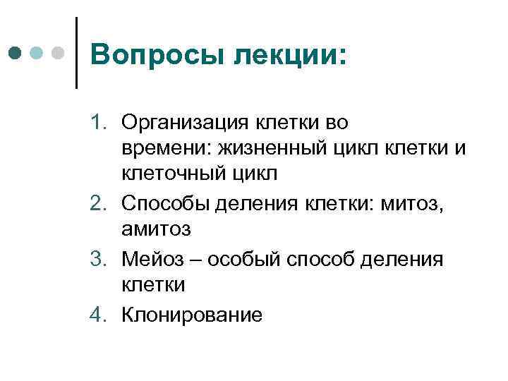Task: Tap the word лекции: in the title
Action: [x=289, y=54]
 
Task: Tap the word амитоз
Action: [x=156, y=230]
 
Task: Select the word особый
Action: [x=231, y=260]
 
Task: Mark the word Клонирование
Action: [x=192, y=315]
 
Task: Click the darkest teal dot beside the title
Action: [x=16, y=53]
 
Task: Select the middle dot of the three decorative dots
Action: [x=37, y=53]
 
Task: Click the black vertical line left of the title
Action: [x=75, y=53]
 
